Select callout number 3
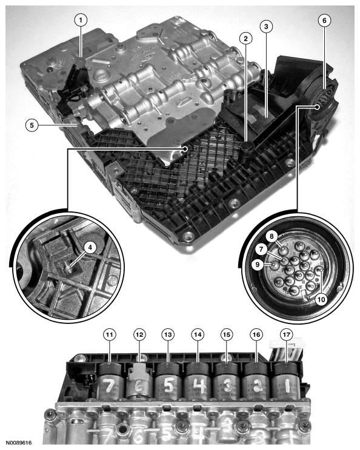[265, 26]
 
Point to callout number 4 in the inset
[90, 247]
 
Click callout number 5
[31, 125]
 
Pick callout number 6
[324, 20]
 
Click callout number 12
[139, 334]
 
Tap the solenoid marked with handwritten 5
[168, 382]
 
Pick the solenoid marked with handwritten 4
[198, 382]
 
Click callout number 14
[196, 334]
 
